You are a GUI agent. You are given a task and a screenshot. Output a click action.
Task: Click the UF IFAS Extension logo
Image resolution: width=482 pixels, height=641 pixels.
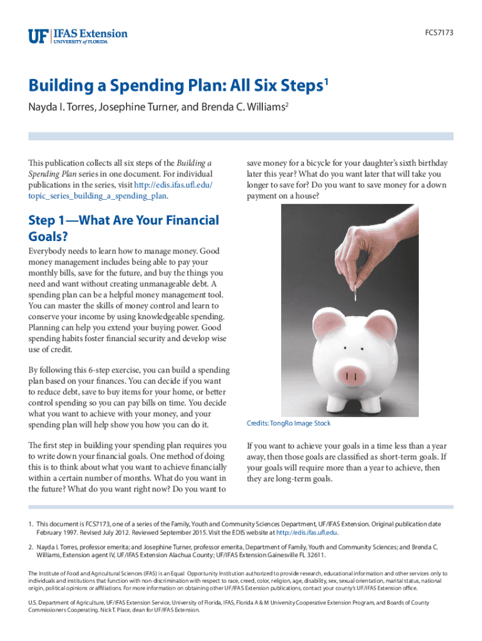[78, 35]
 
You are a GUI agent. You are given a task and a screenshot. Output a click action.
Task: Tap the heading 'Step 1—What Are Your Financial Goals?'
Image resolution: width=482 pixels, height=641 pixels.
[123, 228]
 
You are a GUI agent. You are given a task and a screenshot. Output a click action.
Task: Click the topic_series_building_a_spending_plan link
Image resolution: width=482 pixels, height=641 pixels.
[98, 195]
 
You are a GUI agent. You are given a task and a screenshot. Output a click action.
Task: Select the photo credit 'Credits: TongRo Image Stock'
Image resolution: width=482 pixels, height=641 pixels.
[289, 424]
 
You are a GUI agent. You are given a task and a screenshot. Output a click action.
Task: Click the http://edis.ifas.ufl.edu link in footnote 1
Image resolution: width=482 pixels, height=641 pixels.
[307, 533]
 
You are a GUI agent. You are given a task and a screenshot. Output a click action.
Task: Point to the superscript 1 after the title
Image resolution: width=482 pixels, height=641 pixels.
[327, 82]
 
